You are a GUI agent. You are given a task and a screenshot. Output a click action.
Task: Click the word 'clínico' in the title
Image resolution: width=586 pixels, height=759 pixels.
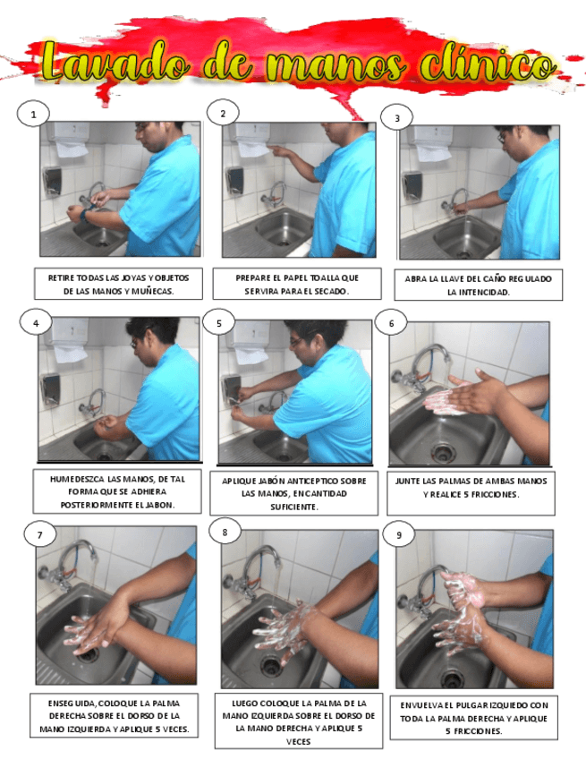(x=488, y=64)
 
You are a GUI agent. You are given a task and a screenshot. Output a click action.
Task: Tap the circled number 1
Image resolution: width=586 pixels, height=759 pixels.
(x=33, y=115)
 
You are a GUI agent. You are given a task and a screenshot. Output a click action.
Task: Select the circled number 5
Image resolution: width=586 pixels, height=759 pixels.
(x=218, y=323)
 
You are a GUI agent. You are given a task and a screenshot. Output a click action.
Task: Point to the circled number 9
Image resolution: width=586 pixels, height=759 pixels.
(x=399, y=535)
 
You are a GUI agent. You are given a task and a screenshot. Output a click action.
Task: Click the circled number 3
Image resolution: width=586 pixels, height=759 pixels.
(x=397, y=117)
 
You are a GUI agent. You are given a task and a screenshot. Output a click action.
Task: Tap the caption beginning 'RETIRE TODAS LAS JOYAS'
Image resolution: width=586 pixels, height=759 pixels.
(x=119, y=284)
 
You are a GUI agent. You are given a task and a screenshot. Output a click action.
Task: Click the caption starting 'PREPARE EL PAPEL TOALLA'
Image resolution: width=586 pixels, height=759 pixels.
(x=297, y=284)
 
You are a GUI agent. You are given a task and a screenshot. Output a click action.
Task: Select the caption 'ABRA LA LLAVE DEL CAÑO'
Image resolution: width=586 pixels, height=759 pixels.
(x=478, y=286)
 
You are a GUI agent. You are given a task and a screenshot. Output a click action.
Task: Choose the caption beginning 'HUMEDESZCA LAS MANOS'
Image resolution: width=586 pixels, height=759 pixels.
(x=117, y=491)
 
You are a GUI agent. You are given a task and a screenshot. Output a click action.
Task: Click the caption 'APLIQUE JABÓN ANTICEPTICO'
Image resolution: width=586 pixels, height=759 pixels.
(x=293, y=493)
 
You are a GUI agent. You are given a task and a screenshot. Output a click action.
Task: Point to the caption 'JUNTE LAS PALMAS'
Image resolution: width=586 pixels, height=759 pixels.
(x=471, y=488)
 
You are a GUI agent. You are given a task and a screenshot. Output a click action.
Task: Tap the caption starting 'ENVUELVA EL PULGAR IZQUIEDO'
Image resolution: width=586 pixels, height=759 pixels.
(x=474, y=718)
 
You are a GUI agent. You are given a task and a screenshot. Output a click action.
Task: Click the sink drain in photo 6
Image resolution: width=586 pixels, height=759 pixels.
(x=443, y=452)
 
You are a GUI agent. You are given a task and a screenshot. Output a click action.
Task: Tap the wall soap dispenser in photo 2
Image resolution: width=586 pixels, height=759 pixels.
(x=234, y=181)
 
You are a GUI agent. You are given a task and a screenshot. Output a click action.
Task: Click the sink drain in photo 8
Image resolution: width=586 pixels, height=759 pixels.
(x=271, y=666)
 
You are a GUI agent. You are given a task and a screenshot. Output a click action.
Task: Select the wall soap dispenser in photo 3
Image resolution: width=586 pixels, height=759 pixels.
(x=412, y=185)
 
